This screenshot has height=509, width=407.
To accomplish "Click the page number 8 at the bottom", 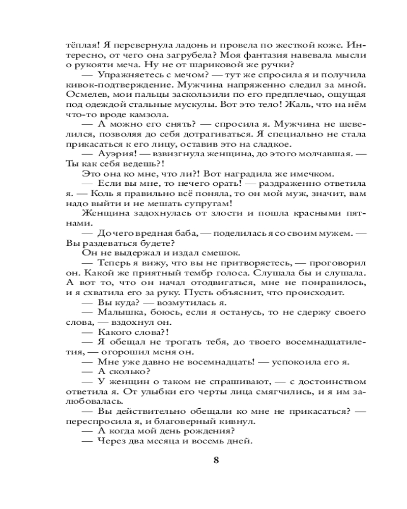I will (216, 461).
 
